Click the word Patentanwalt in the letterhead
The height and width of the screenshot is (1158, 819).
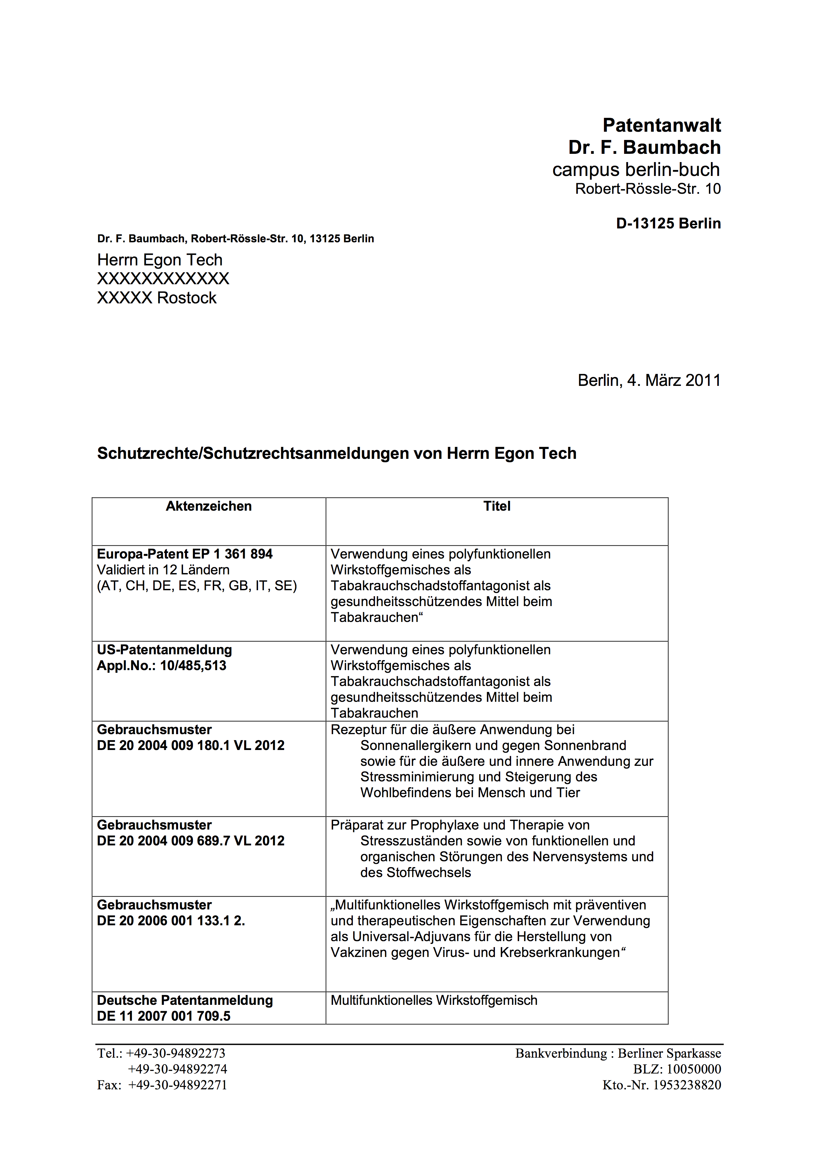tap(661, 125)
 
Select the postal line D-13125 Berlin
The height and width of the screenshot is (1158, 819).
tap(668, 223)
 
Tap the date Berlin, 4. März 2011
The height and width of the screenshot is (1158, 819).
tap(649, 380)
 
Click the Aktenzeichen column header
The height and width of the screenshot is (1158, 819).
tap(208, 506)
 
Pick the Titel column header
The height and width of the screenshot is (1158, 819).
tap(497, 506)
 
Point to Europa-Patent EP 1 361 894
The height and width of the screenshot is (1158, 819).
tap(184, 554)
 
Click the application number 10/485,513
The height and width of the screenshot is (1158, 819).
tap(193, 666)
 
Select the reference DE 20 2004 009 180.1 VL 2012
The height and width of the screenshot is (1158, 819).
tap(190, 745)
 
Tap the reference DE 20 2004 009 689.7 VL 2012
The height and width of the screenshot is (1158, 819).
tap(190, 841)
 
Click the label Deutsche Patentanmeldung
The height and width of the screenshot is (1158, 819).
tap(184, 1000)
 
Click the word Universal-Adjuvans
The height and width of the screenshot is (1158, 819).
tap(415, 937)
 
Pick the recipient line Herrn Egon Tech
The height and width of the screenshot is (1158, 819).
tap(160, 260)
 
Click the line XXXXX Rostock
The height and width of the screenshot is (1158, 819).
tap(156, 298)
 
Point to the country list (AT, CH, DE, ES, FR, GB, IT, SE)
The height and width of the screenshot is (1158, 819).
tap(197, 586)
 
